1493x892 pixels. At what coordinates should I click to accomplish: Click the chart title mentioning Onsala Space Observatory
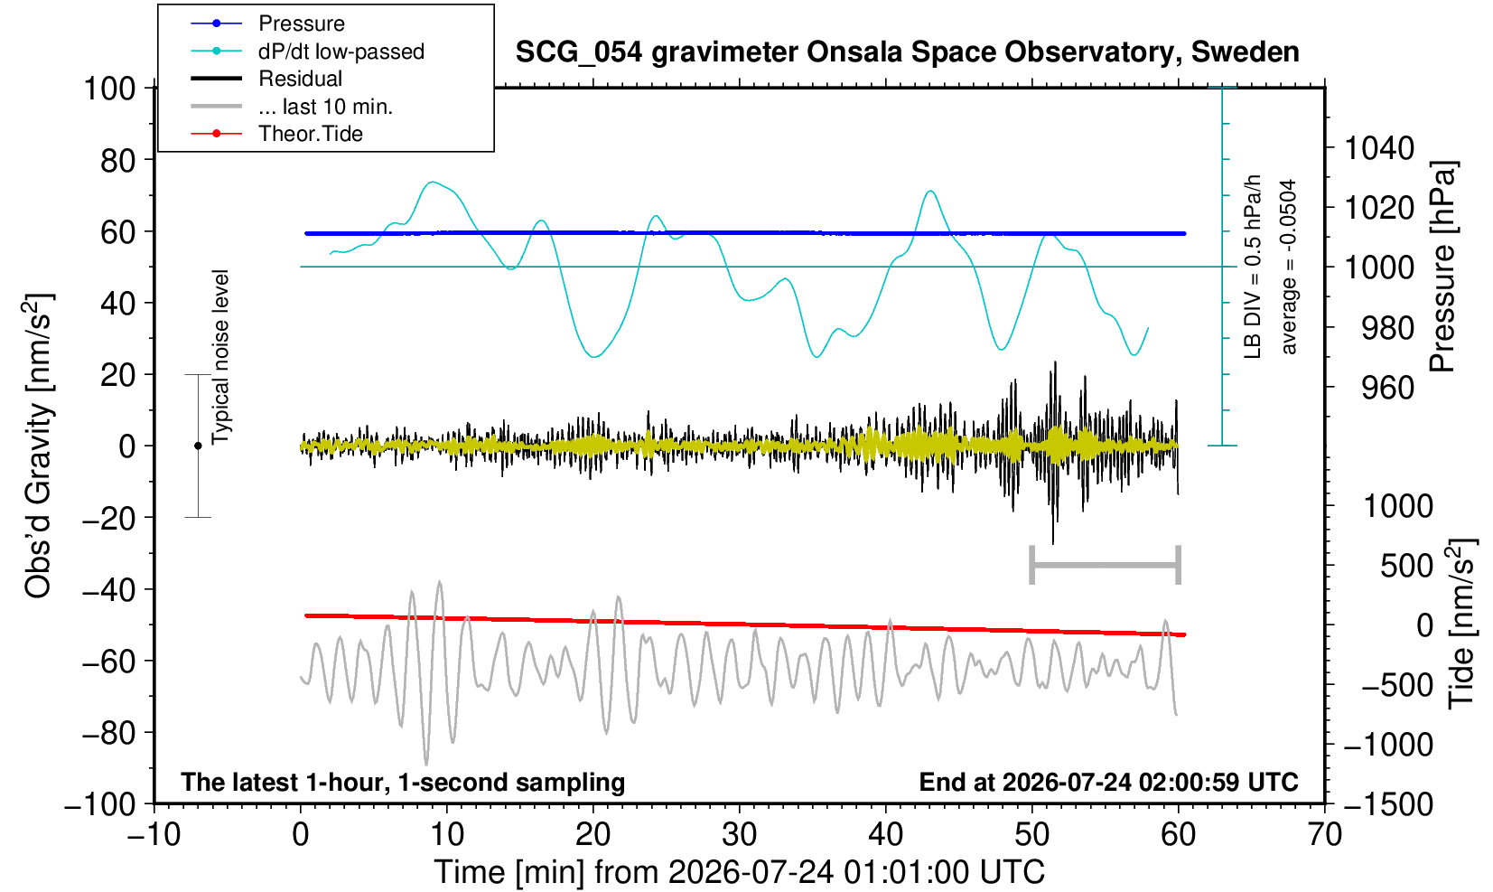tap(907, 52)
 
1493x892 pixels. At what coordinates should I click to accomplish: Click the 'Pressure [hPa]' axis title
tap(1443, 267)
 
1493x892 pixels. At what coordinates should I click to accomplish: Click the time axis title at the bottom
tap(739, 873)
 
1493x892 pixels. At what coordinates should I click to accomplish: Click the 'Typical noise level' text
tap(220, 358)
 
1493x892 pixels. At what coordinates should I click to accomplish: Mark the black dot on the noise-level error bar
tap(198, 446)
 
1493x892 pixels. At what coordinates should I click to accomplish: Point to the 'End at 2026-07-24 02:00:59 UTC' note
tap(1108, 782)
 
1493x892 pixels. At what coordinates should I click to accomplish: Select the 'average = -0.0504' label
tap(1289, 267)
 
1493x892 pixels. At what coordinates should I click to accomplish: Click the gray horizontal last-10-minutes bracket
tap(1106, 565)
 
